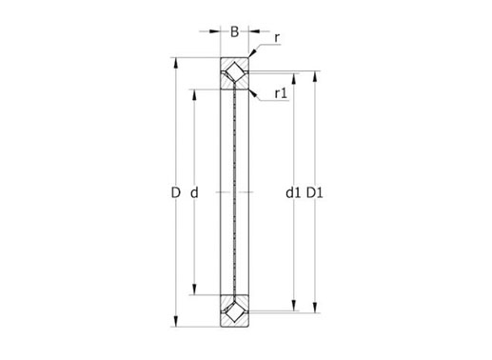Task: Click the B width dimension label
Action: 234,31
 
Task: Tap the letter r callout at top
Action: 277,38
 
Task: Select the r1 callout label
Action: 281,93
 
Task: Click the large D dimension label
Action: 175,192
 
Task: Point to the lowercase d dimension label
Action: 194,192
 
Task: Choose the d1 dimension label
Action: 293,192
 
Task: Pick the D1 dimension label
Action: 314,192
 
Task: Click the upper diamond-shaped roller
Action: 234,73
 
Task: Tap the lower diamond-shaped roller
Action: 234,311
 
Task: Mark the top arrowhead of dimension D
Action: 176,64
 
